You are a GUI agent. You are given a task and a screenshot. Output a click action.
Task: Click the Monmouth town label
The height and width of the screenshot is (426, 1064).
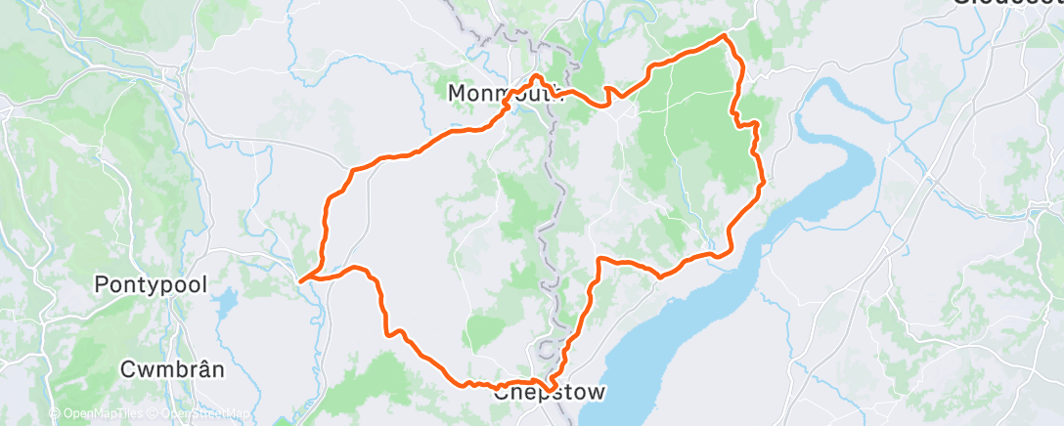click(x=507, y=93)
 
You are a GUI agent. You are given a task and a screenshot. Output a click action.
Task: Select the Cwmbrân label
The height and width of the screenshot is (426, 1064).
click(x=173, y=370)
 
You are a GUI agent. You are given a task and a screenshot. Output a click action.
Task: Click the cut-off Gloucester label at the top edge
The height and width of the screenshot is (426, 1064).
click(x=1007, y=4)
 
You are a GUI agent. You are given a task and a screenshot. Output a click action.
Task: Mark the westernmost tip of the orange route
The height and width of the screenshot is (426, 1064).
click(x=300, y=278)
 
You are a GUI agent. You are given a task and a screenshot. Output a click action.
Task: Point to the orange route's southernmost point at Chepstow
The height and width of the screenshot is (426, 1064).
click(x=550, y=389)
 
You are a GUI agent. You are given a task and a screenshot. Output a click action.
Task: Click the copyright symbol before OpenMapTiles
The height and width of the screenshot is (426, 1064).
click(x=55, y=414)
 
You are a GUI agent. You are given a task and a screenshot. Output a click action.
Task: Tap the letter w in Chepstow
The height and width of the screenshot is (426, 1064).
click(x=595, y=393)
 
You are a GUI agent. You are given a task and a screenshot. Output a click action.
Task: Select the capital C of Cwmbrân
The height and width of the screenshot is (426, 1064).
click(x=126, y=370)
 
